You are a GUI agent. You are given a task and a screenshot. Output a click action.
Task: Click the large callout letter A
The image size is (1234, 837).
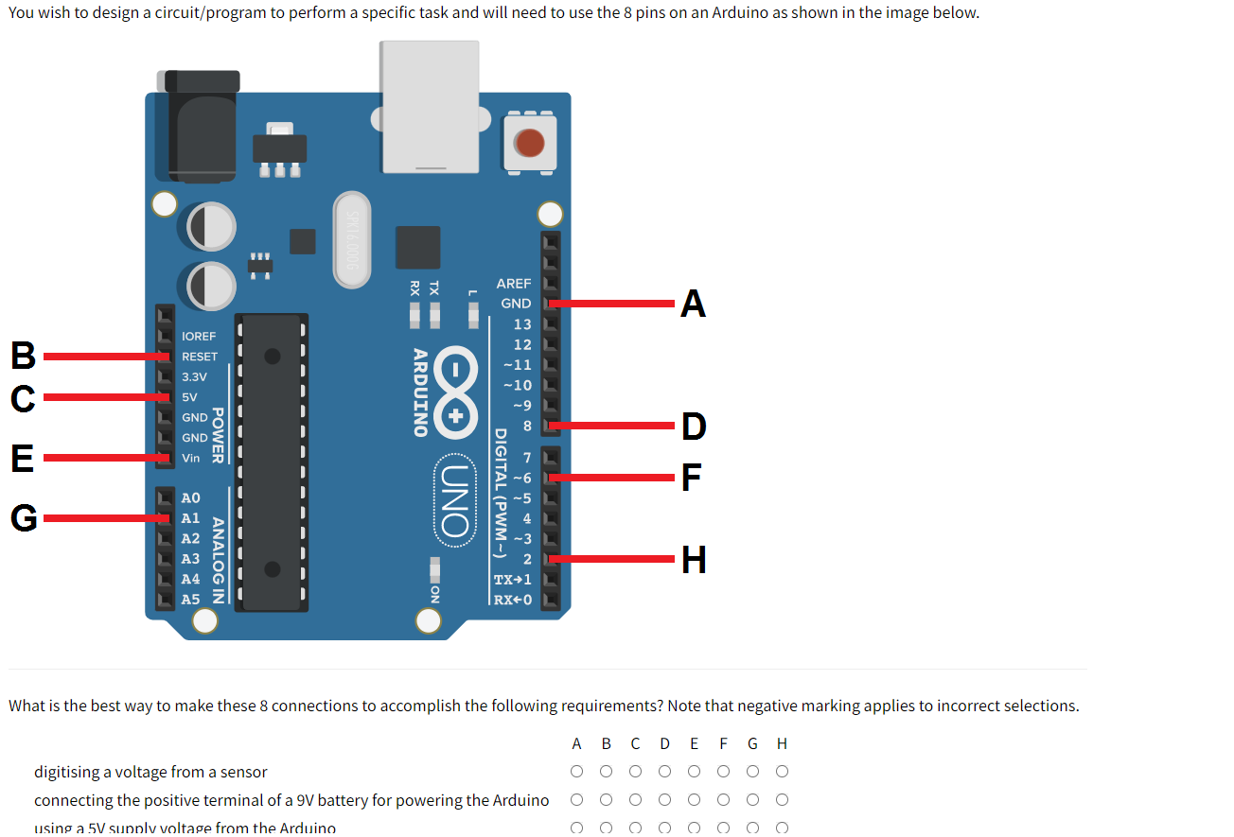693,305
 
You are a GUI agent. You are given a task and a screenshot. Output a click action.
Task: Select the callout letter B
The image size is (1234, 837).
23,357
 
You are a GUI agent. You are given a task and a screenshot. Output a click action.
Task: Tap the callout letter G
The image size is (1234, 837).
24,518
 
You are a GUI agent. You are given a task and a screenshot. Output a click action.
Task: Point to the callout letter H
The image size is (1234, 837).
694,560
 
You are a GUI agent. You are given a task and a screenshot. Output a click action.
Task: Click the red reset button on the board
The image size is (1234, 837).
529,144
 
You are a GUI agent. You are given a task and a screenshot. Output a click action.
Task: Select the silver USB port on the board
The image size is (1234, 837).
430,106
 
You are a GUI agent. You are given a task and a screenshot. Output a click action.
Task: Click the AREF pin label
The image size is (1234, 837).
514,284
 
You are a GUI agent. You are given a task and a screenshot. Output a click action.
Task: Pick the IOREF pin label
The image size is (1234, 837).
199,337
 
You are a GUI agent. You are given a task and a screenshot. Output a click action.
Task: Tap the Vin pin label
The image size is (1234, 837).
191,458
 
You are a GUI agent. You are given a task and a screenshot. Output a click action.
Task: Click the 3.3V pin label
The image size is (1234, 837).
194,376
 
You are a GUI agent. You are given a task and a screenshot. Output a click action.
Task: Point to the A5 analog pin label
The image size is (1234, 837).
190,600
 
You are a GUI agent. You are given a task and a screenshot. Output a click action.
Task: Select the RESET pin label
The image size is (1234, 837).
200,357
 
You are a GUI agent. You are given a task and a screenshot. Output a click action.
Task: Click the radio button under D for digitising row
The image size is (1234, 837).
665,772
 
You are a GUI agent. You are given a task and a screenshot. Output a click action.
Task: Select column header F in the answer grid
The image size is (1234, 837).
724,743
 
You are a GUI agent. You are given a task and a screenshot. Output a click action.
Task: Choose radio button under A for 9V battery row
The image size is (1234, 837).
577,800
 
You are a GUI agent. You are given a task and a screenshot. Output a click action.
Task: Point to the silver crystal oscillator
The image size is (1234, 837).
353,239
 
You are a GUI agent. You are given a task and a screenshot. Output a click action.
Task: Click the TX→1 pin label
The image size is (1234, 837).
513,579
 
